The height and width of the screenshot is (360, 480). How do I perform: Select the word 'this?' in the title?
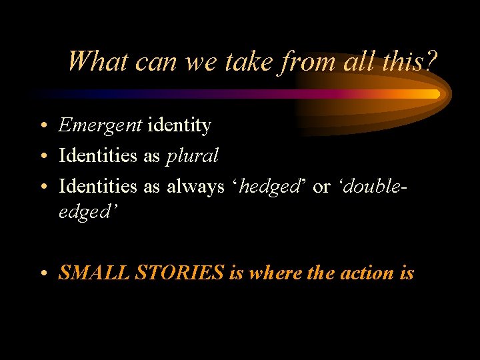tap(409, 62)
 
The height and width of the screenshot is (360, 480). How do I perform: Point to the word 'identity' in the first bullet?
tap(179, 125)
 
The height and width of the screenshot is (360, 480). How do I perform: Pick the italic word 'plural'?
tap(192, 156)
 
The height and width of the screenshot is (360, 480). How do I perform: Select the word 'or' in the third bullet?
tap(321, 187)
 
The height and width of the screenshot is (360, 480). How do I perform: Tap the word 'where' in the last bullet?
tap(273, 273)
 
